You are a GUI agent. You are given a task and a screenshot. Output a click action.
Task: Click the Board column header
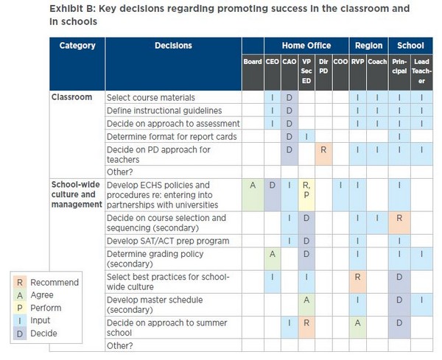tap(253, 62)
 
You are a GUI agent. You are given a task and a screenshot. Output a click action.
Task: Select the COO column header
tap(340, 62)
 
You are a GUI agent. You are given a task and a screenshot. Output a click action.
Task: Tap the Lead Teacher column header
tap(421, 71)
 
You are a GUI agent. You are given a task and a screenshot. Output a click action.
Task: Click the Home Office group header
tap(306, 46)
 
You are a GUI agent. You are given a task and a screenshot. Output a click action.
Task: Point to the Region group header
tap(369, 46)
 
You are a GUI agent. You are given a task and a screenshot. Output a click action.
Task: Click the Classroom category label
tap(71, 97)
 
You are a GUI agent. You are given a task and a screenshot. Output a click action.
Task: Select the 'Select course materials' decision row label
tap(151, 98)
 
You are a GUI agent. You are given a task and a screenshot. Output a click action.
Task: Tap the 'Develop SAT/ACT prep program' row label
tap(168, 241)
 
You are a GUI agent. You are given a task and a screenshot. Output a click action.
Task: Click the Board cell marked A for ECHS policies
tap(253, 194)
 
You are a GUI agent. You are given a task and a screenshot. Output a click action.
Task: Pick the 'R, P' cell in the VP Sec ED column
tap(306, 194)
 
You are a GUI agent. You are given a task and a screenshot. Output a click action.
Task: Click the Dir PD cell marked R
tap(323, 154)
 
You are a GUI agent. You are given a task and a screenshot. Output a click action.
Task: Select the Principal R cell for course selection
tap(399, 223)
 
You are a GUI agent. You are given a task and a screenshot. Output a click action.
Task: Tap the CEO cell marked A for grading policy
tap(273, 259)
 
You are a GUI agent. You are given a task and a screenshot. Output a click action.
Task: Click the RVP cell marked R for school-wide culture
tap(357, 282)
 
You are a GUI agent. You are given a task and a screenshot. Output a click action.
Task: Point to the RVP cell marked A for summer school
tap(357, 328)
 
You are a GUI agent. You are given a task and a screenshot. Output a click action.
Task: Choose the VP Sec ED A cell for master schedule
tap(306, 305)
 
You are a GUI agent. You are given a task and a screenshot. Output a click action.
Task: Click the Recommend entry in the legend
tap(46, 282)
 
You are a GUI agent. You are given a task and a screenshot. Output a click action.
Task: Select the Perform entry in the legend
tap(38, 308)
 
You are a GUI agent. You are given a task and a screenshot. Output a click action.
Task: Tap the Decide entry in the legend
tap(35, 333)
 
